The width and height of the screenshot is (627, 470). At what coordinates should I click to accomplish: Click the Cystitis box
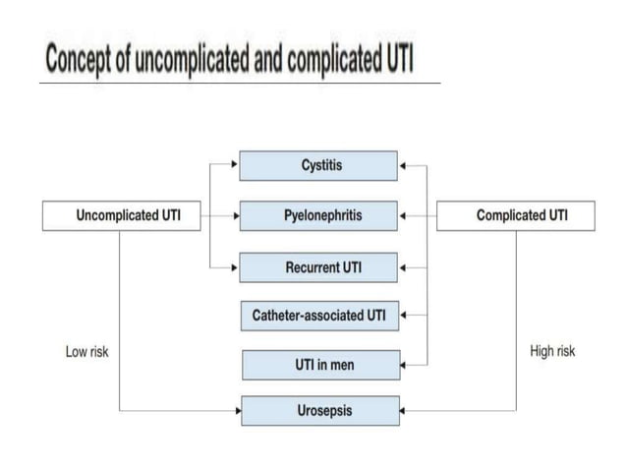(318, 165)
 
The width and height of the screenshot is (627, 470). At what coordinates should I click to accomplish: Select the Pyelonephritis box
(318, 215)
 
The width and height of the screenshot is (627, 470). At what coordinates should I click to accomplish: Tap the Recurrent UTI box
(318, 266)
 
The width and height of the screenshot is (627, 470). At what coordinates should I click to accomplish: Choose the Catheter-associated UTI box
(318, 316)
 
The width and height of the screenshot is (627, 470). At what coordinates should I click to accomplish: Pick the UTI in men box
(321, 365)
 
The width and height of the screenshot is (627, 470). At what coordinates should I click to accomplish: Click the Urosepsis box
(320, 410)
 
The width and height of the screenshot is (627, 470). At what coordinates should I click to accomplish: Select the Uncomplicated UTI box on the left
(121, 215)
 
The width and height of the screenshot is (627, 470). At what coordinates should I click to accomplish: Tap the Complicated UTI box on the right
(515, 215)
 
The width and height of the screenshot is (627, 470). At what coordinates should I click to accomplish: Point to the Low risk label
(86, 352)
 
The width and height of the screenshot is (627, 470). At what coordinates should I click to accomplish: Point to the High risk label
(552, 351)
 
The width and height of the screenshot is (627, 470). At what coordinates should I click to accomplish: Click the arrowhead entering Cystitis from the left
(235, 165)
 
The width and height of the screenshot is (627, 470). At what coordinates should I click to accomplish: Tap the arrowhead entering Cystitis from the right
(403, 165)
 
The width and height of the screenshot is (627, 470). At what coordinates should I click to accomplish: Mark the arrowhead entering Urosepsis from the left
(237, 410)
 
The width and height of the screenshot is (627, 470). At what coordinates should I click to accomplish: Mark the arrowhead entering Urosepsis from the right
(405, 410)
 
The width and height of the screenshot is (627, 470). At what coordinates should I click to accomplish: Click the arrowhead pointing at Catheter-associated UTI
(404, 316)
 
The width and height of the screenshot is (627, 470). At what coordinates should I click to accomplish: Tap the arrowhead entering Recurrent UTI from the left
(235, 266)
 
